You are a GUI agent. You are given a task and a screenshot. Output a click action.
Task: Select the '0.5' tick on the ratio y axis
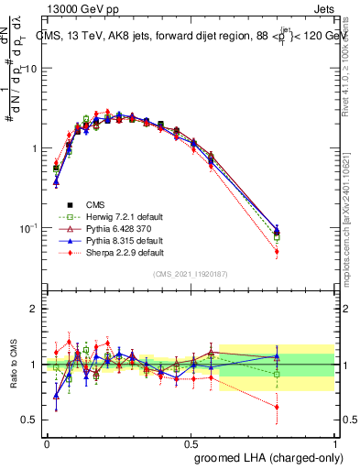(x=30, y=420)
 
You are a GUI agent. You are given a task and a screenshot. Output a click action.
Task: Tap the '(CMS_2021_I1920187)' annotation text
(x=191, y=274)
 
